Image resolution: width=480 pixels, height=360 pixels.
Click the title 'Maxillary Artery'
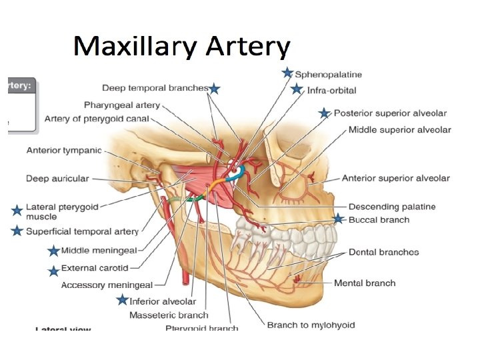(x=181, y=47)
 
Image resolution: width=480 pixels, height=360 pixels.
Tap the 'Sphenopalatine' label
(x=329, y=75)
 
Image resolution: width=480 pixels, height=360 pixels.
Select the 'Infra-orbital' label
(x=331, y=90)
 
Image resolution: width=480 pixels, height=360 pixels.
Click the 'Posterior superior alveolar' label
(x=390, y=113)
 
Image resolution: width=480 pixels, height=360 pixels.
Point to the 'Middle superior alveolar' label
(x=399, y=130)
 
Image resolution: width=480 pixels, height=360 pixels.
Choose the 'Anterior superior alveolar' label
(x=396, y=179)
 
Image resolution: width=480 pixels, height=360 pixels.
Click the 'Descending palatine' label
(x=392, y=207)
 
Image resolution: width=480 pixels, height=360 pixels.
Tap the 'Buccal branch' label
(x=379, y=219)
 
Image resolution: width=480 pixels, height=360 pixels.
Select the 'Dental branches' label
(x=383, y=252)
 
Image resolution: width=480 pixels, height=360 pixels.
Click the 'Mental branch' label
(x=365, y=283)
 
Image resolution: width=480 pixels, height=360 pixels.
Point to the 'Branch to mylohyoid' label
(x=311, y=325)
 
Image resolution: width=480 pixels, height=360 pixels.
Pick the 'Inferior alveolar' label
(x=163, y=301)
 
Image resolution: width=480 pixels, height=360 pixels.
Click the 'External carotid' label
(x=95, y=268)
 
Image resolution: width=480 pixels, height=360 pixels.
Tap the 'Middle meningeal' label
(x=99, y=251)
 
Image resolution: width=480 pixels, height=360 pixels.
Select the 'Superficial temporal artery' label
(x=82, y=231)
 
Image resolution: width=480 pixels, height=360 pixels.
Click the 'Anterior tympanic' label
(x=64, y=151)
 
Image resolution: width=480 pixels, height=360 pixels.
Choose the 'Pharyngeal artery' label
(x=122, y=105)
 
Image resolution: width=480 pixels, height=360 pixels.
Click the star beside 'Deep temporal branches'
(x=214, y=89)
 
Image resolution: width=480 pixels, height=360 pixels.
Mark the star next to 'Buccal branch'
(x=338, y=219)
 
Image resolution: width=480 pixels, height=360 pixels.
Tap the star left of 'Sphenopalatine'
(x=287, y=73)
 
